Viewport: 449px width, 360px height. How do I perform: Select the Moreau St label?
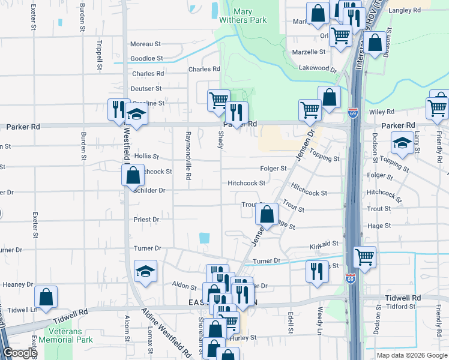pyautogui.click(x=146, y=44)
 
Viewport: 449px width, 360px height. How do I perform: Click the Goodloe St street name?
pyautogui.click(x=146, y=58)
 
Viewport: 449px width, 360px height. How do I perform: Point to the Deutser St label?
pyautogui.click(x=146, y=88)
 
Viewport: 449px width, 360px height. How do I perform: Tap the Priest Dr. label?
pyautogui.click(x=148, y=220)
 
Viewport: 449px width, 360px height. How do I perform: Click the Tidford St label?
pyautogui.click(x=401, y=307)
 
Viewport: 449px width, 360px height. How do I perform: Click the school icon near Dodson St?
pyautogui.click(x=402, y=143)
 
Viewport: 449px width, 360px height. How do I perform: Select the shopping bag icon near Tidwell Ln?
pyautogui.click(x=46, y=296)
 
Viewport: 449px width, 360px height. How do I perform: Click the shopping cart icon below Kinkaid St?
pyautogui.click(x=364, y=257)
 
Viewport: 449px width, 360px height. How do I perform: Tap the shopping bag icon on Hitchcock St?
pyautogui.click(x=133, y=176)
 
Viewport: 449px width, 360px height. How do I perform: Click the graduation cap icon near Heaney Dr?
pyautogui.click(x=145, y=271)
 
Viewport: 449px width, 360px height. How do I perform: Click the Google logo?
pyautogui.click(x=20, y=353)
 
